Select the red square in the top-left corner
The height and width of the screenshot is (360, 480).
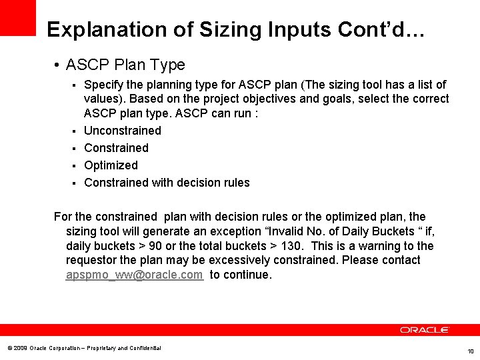click(x=18, y=17)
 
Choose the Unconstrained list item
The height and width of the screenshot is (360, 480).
click(x=123, y=131)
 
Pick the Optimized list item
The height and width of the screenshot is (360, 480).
click(x=111, y=165)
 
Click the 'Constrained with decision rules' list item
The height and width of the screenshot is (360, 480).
click(x=167, y=183)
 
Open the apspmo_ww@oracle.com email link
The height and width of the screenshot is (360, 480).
click(x=134, y=275)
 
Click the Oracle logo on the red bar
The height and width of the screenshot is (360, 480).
click(x=425, y=330)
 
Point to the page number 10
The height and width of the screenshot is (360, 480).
click(x=470, y=351)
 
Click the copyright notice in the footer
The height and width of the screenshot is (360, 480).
click(x=84, y=348)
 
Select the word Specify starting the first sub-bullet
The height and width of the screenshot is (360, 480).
click(x=103, y=85)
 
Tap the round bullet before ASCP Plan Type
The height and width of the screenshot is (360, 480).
click(x=59, y=65)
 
